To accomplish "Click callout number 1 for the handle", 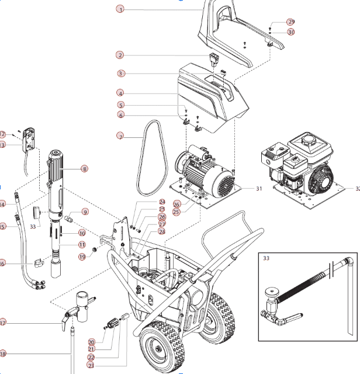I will click(120, 9).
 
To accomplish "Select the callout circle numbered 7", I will click(120, 136).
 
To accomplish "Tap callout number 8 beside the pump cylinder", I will click(85, 169).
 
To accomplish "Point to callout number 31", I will click(259, 189).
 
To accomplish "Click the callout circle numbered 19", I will click(82, 257).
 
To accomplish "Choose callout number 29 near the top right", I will click(290, 22).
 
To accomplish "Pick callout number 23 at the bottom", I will click(91, 365).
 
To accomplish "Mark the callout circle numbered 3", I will click(120, 74).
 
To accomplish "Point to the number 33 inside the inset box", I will click(266, 257).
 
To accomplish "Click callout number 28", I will click(162, 231).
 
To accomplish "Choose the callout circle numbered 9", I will click(85, 212).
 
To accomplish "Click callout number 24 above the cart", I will click(162, 202).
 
